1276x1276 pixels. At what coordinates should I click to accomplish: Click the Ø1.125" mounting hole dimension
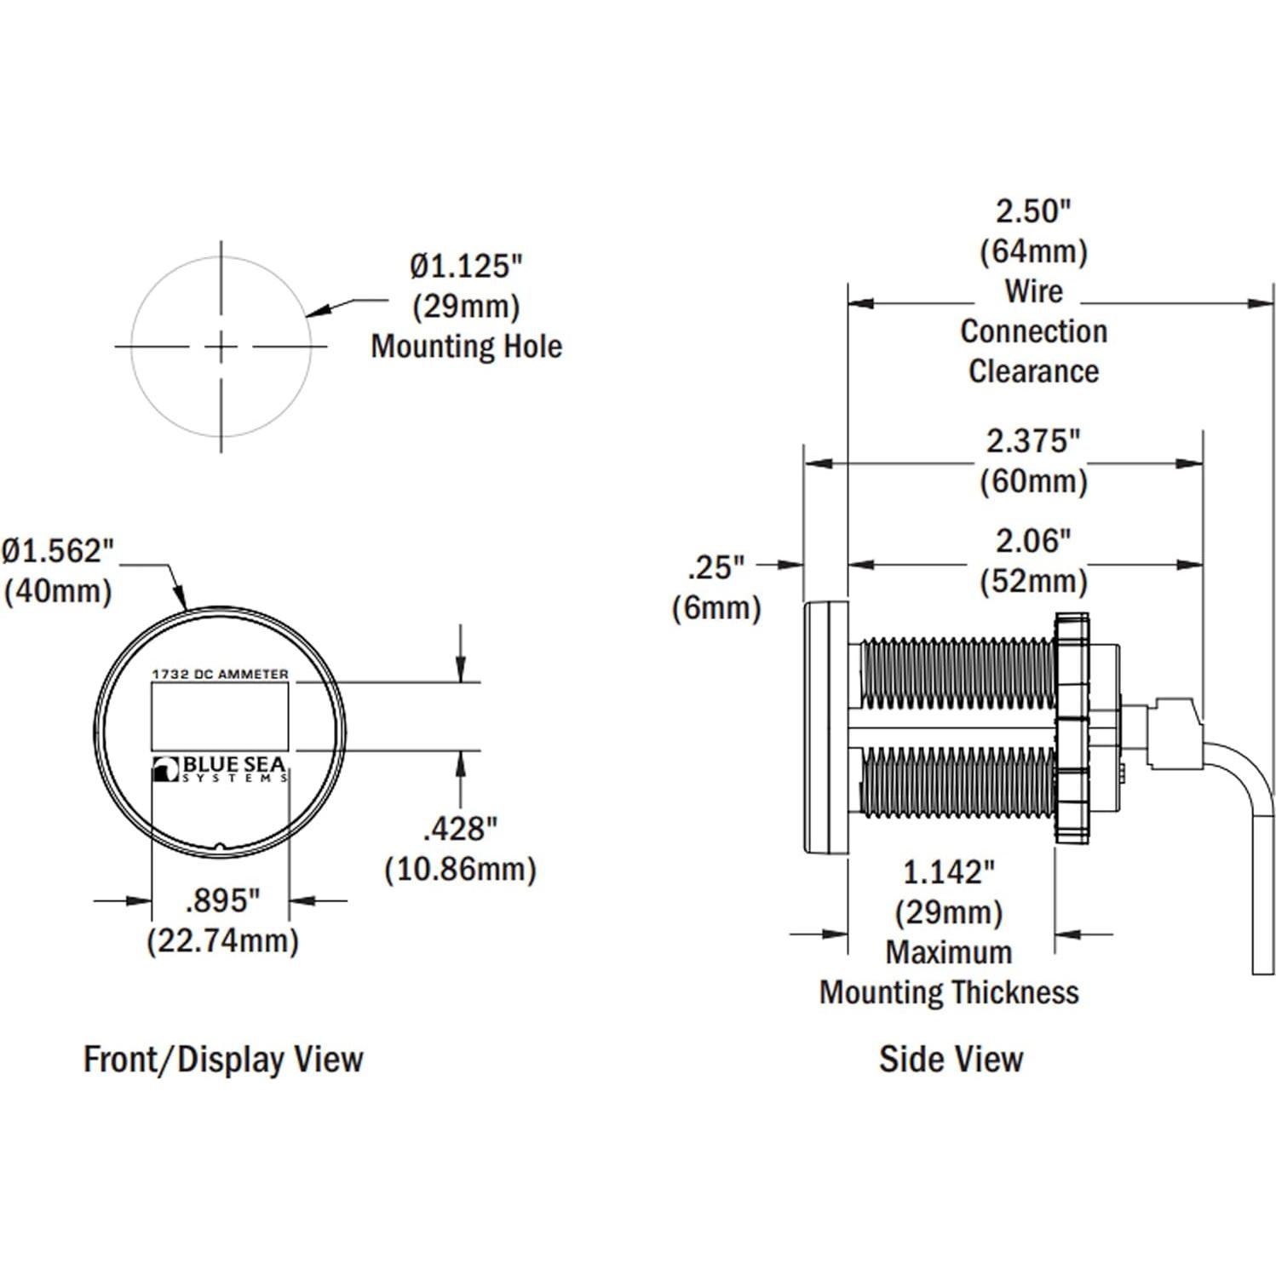(x=465, y=267)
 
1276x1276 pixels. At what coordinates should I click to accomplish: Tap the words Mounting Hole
(x=466, y=347)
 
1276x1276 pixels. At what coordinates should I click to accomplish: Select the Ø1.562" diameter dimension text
(x=58, y=551)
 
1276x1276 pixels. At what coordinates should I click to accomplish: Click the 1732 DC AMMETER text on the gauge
(x=220, y=674)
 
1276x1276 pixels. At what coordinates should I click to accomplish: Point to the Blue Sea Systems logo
(x=220, y=768)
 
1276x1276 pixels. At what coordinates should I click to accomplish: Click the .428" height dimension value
(x=460, y=828)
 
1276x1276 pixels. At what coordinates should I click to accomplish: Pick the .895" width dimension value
(x=221, y=900)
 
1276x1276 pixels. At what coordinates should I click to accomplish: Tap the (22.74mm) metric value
(x=222, y=941)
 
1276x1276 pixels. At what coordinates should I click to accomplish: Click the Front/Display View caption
(x=223, y=1059)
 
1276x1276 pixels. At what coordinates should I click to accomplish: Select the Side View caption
(x=951, y=1059)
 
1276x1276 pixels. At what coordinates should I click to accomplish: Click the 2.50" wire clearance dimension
(x=1033, y=211)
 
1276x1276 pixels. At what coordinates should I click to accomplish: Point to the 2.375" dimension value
(x=1033, y=441)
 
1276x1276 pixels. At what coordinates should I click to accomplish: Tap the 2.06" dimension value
(x=1033, y=541)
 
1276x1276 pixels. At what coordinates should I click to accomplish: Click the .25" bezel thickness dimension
(x=716, y=567)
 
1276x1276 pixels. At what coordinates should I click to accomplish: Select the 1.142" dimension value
(x=948, y=872)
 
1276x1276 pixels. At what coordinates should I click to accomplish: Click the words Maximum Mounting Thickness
(x=949, y=973)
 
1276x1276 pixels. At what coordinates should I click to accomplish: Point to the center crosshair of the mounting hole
(x=221, y=347)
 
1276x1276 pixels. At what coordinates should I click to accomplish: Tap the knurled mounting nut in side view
(x=1072, y=728)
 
